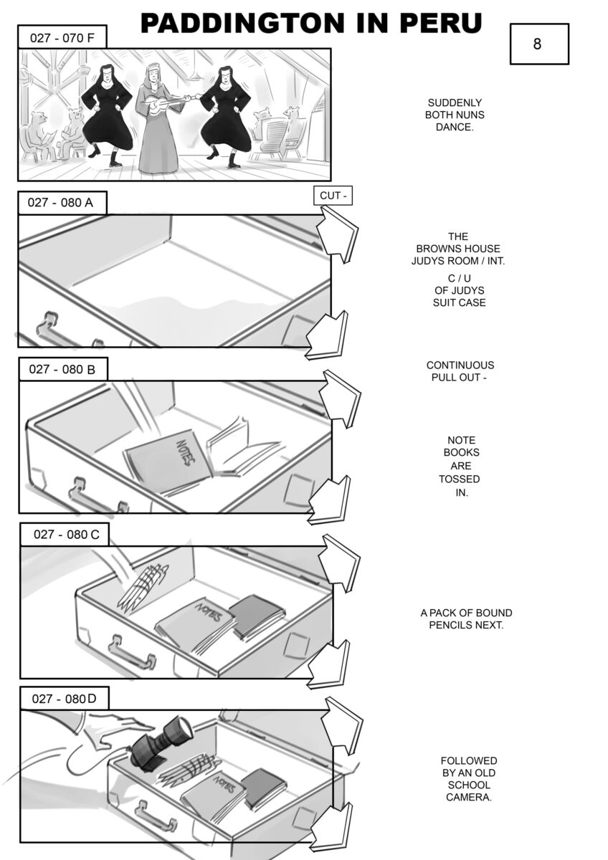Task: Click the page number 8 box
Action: click(x=539, y=44)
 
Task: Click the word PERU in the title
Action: click(x=440, y=23)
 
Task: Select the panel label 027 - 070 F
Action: click(x=62, y=37)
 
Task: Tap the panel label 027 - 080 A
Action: click(x=62, y=202)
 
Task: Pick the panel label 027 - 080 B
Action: click(x=63, y=369)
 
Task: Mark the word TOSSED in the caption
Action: click(x=460, y=479)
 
